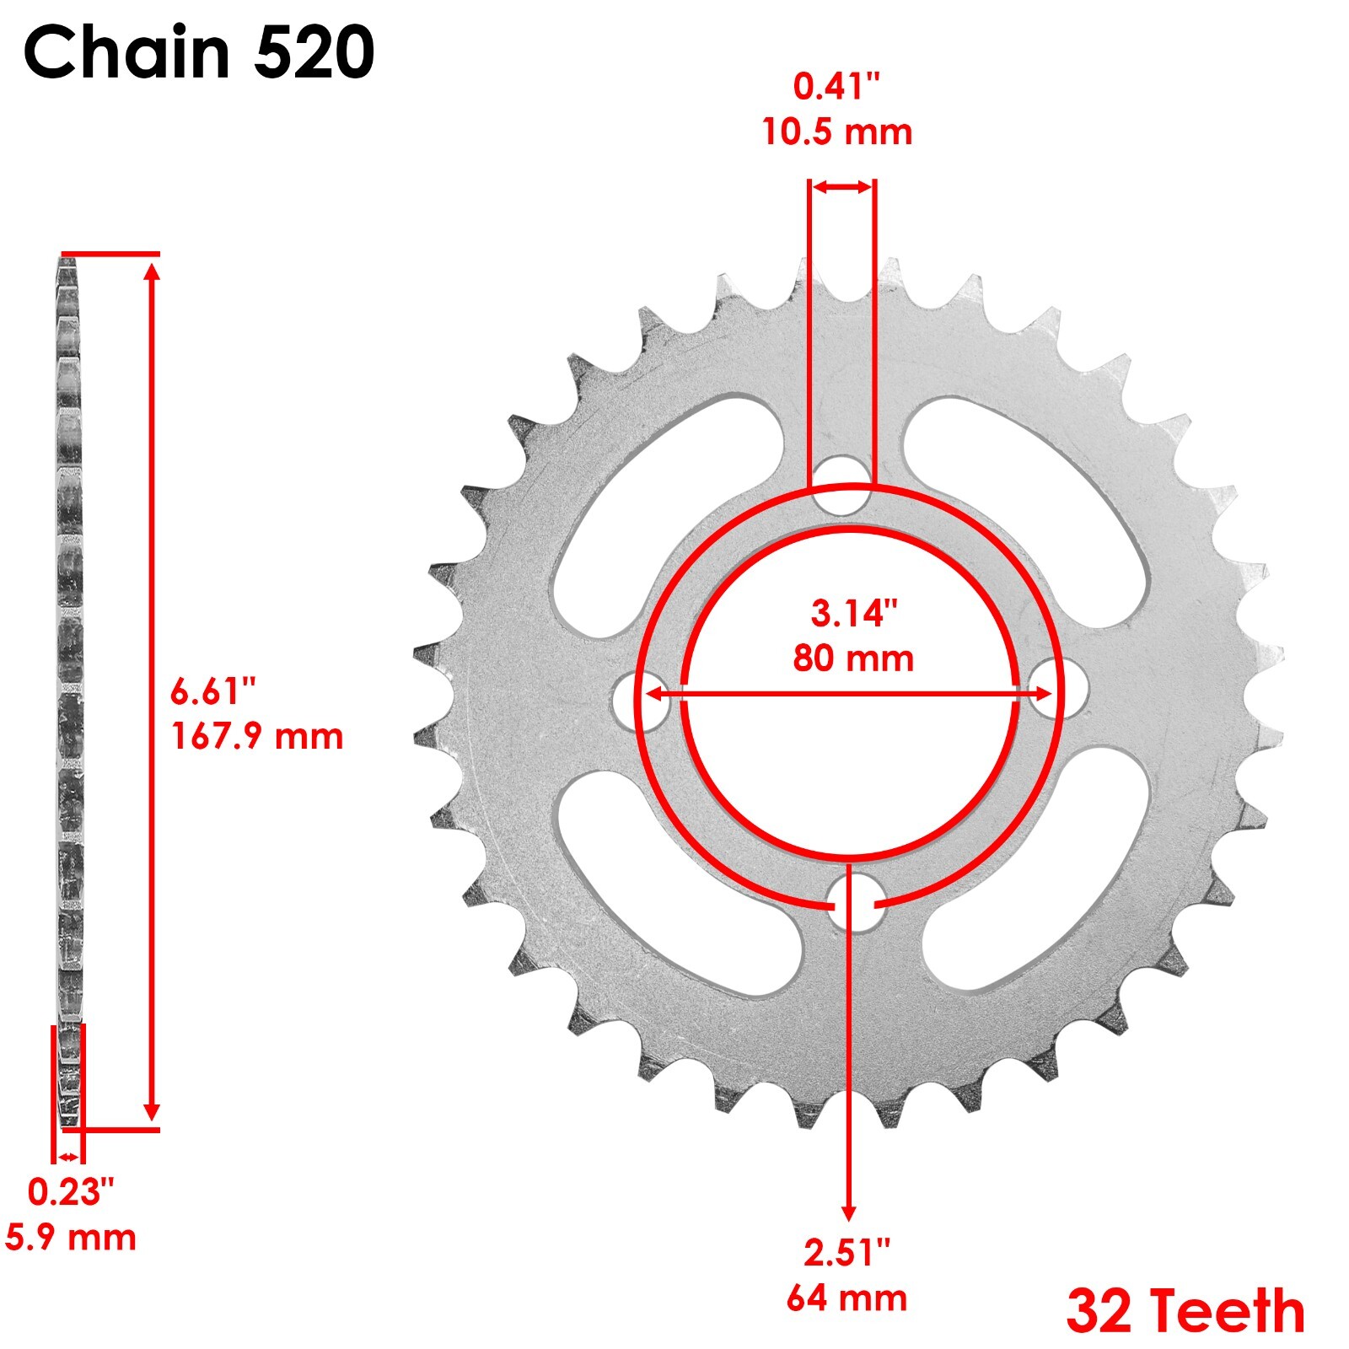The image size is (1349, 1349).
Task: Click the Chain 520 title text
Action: [199, 52]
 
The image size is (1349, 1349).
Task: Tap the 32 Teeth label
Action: [1185, 1312]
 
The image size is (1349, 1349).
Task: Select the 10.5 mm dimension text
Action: [837, 132]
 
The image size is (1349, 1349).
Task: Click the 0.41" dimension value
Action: [837, 86]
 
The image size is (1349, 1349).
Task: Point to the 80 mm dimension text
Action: [853, 658]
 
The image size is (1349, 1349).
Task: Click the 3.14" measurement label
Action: [853, 613]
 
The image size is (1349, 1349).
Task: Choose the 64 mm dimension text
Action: [846, 1298]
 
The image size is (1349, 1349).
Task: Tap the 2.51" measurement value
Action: [846, 1253]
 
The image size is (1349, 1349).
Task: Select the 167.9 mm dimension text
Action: [257, 736]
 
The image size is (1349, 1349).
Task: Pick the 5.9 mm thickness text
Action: [71, 1238]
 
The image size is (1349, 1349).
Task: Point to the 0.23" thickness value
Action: [71, 1192]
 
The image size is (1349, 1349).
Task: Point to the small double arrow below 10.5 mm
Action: [841, 187]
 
